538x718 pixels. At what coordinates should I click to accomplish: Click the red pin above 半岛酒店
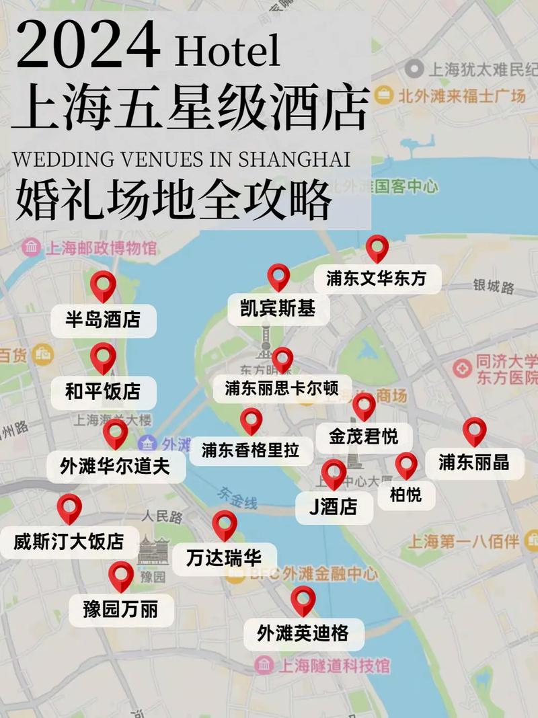tap(103, 285)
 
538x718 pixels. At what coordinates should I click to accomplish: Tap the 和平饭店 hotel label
tap(103, 392)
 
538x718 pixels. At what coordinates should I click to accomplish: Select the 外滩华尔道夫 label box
tap(115, 465)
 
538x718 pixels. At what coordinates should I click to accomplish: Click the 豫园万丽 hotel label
tap(121, 610)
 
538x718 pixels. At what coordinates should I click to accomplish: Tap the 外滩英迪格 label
tap(302, 633)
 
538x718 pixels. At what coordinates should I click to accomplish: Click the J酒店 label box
tap(334, 507)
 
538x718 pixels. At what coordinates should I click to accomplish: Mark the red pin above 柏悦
tap(406, 464)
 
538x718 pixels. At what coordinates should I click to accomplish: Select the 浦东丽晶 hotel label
tap(474, 463)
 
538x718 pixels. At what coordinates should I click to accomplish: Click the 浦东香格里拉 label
tap(250, 450)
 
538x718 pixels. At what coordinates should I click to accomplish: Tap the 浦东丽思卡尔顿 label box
tap(282, 389)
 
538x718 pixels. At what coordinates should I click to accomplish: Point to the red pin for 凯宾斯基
tap(278, 276)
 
